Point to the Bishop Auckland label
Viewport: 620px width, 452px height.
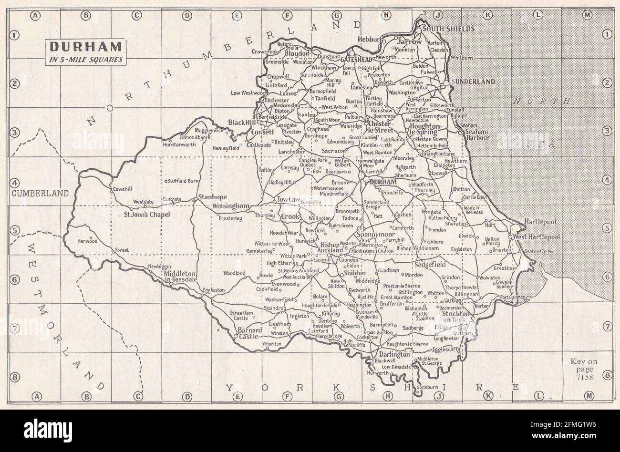click(x=331, y=247)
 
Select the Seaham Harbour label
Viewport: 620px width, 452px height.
click(x=478, y=134)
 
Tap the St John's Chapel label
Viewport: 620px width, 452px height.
click(x=146, y=215)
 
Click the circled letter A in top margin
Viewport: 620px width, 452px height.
click(x=35, y=16)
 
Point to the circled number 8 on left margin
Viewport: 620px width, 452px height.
click(x=15, y=377)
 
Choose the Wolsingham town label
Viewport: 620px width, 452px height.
click(x=231, y=206)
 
